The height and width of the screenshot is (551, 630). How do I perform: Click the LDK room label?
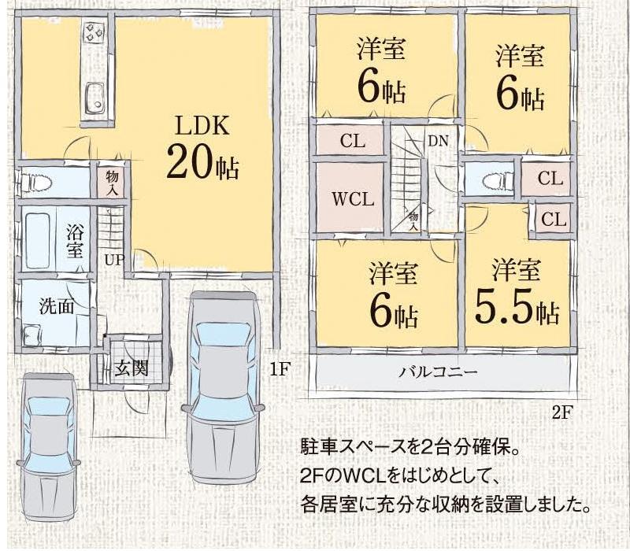[x=202, y=126]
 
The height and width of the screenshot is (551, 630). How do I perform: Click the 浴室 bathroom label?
[x=75, y=242]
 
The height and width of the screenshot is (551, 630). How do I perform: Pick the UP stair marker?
[x=113, y=259]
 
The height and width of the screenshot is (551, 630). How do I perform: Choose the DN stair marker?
[x=439, y=141]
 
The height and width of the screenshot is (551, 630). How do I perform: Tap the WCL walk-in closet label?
[x=352, y=198]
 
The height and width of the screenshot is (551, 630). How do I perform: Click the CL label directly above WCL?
[x=352, y=142]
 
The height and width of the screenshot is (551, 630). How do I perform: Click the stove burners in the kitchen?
[x=95, y=34]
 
